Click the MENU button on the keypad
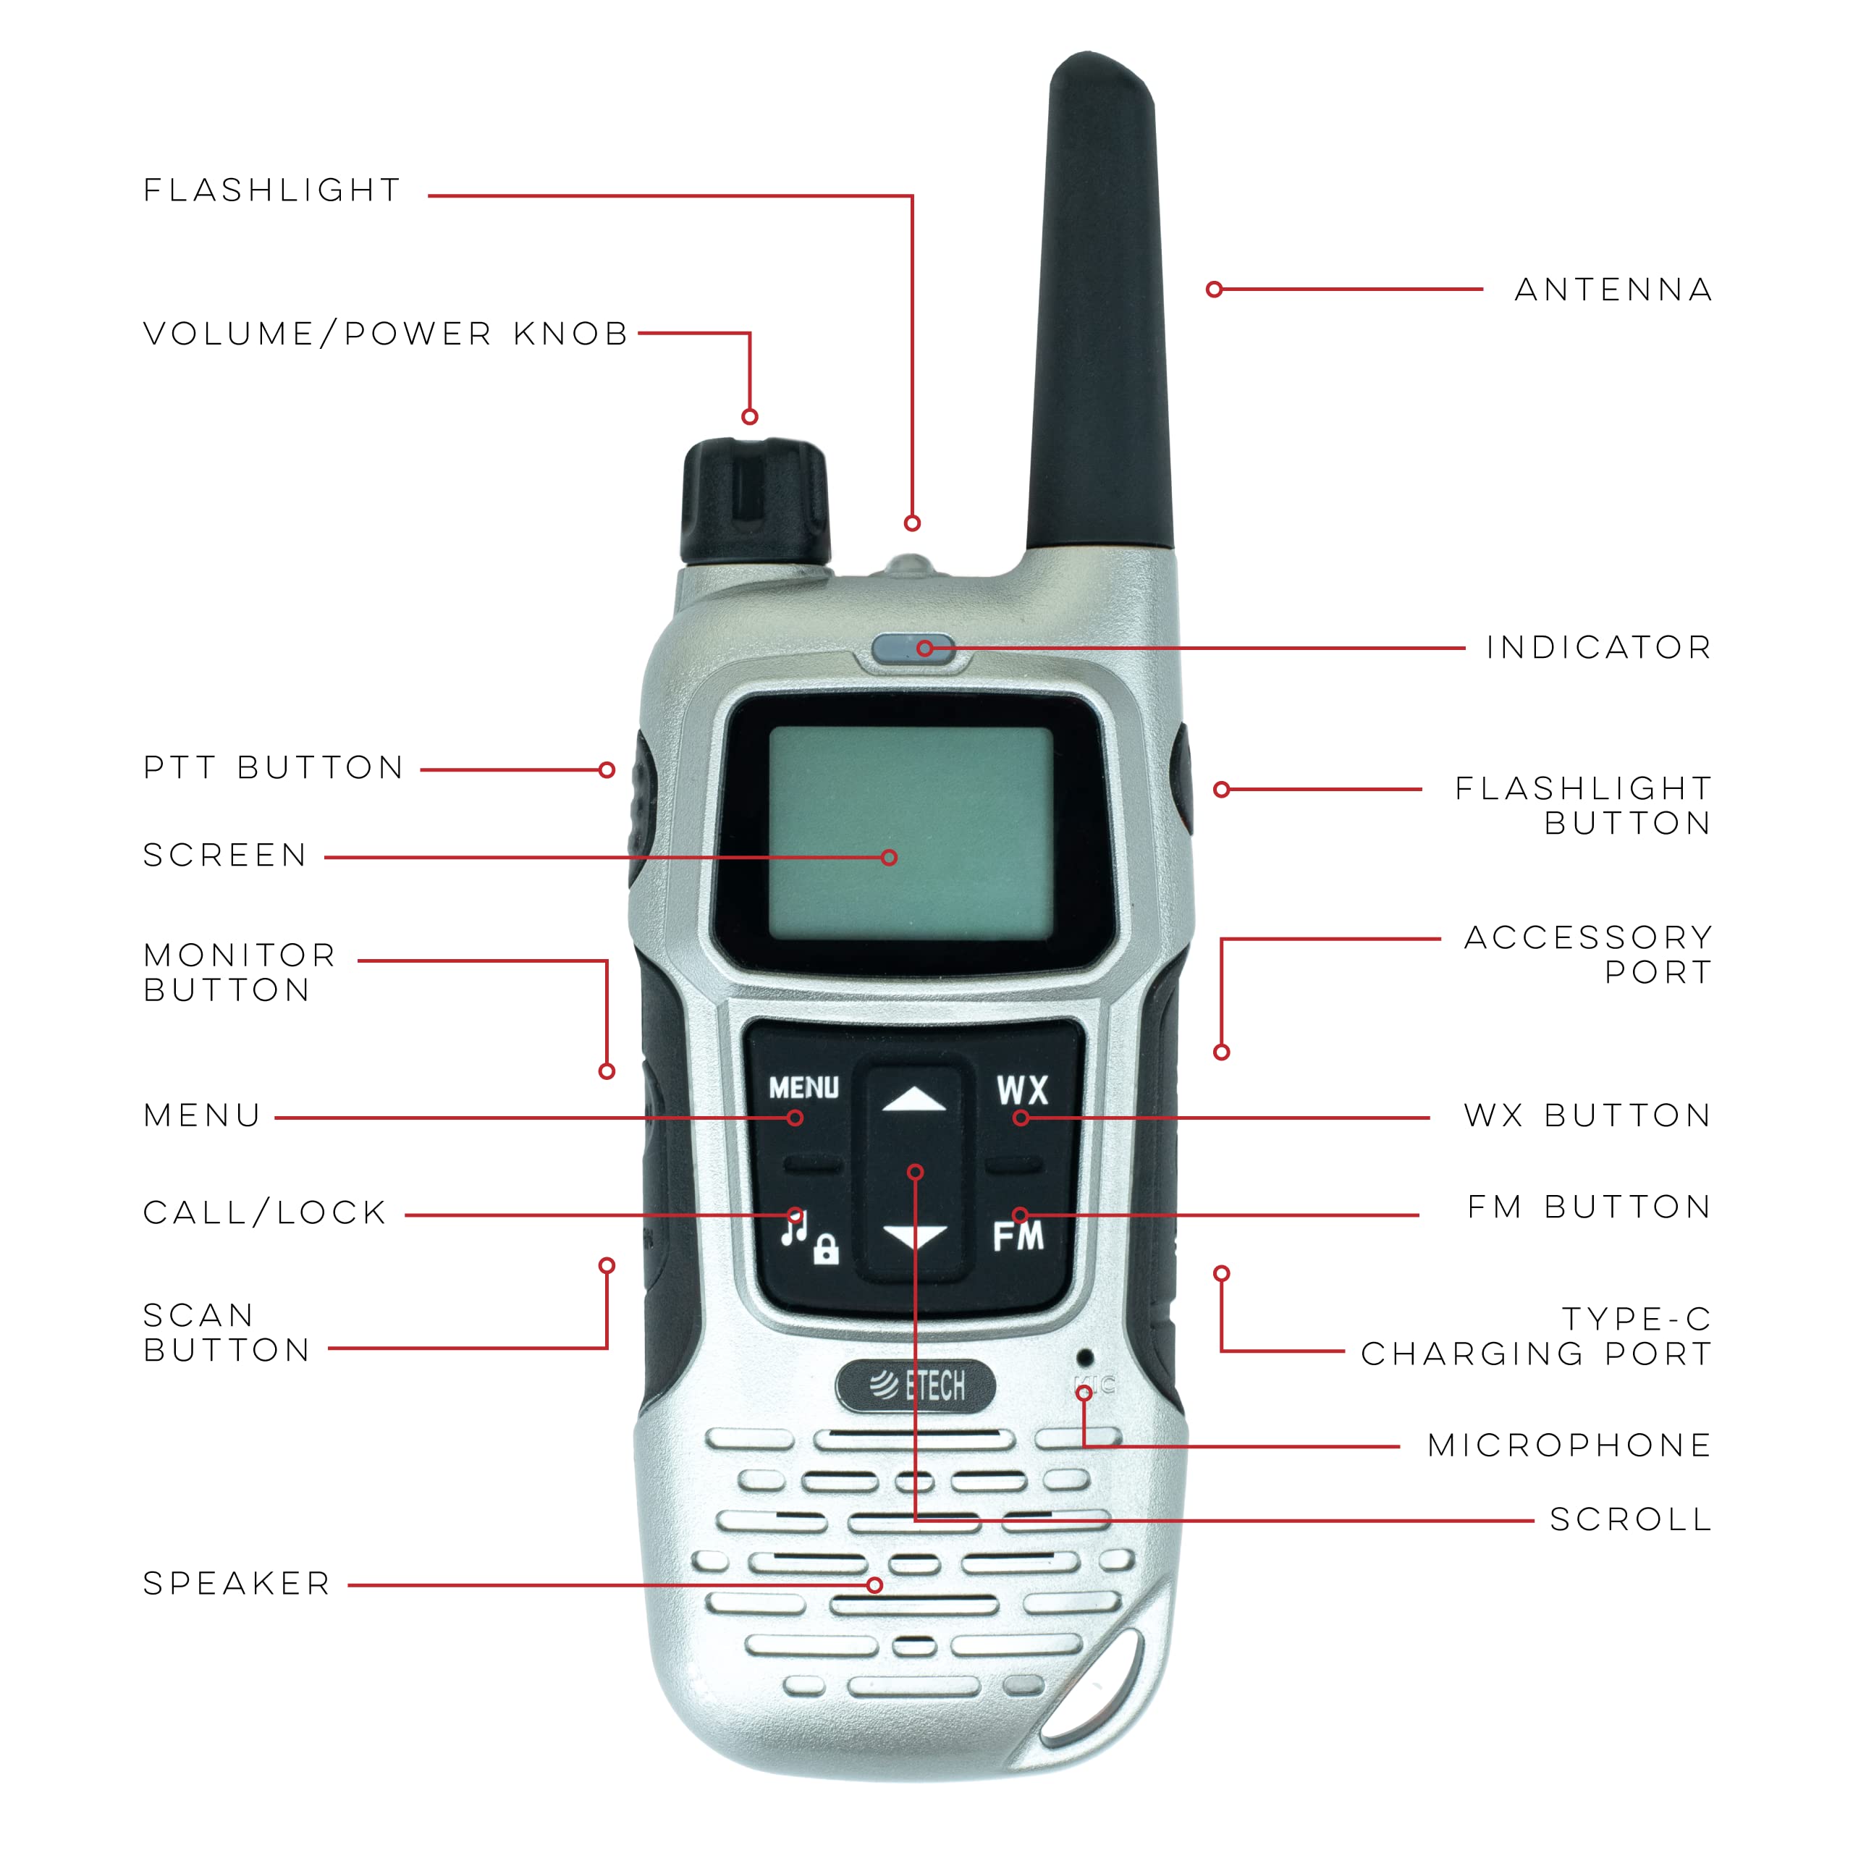[x=803, y=1088]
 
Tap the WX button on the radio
[x=1023, y=1091]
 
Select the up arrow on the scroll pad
[x=914, y=1099]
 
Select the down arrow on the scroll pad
[x=914, y=1236]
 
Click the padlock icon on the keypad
[x=826, y=1250]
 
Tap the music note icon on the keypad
[x=794, y=1227]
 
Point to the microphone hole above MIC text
[x=1085, y=1357]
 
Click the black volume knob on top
[x=755, y=502]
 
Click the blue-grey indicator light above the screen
[x=913, y=649]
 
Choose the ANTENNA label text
[x=1614, y=290]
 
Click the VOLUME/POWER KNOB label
[x=386, y=334]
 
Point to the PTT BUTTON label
[x=274, y=767]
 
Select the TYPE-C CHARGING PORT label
[x=1537, y=1337]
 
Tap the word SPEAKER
[x=237, y=1584]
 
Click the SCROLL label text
[x=1632, y=1519]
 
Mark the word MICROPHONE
[x=1570, y=1445]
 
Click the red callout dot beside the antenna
[x=1215, y=290]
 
